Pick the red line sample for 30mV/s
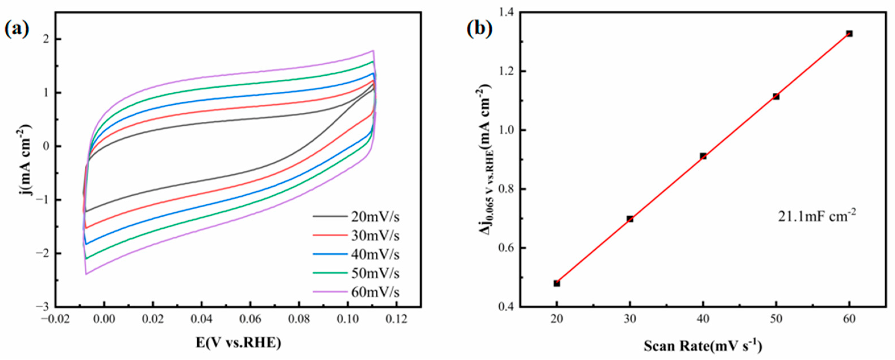[330, 236]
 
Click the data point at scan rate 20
[556, 283]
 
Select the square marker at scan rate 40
[703, 156]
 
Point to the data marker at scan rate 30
[630, 219]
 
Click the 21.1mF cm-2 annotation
[817, 216]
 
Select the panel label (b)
[479, 30]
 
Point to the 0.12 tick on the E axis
[396, 319]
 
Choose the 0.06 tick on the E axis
[250, 319]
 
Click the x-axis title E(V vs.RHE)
[238, 343]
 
